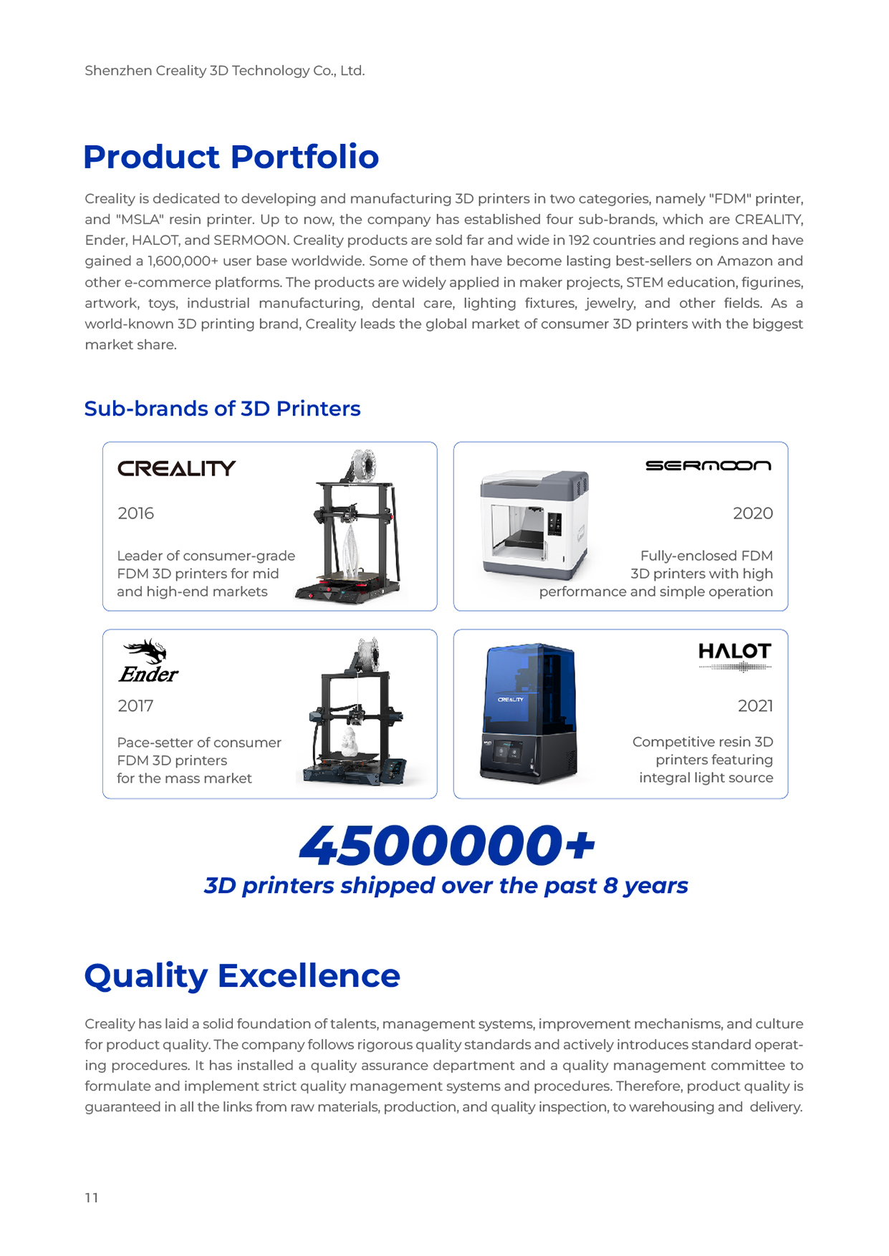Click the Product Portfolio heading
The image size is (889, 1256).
[231, 157]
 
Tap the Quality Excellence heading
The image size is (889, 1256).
[242, 975]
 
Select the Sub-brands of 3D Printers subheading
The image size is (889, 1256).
[222, 408]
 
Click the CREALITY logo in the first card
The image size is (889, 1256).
[176, 468]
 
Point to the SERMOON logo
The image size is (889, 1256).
[708, 465]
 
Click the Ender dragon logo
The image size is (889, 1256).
[148, 661]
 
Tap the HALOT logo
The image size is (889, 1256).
[734, 652]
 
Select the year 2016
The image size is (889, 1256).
[135, 513]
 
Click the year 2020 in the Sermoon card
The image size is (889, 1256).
[752, 513]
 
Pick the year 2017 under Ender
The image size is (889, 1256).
[135, 706]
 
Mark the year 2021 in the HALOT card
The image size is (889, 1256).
[755, 706]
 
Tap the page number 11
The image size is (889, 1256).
[92, 1198]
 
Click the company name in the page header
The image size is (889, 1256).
[224, 71]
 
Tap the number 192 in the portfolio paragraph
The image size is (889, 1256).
[579, 240]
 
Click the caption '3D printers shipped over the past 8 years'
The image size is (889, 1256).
[446, 886]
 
